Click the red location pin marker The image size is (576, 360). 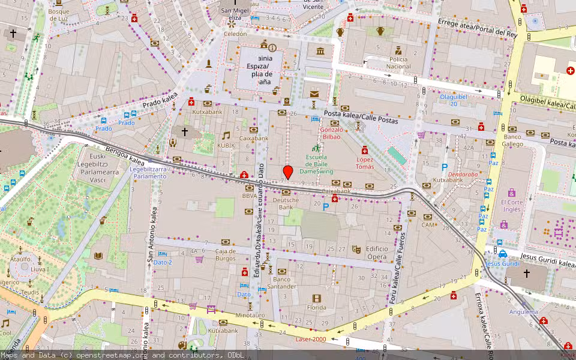click(x=288, y=172)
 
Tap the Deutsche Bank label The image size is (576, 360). click(x=286, y=204)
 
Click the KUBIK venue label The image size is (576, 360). click(x=226, y=145)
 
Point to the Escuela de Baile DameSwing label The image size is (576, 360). click(x=316, y=164)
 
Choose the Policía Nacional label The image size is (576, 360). click(x=399, y=63)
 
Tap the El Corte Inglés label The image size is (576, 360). click(x=512, y=206)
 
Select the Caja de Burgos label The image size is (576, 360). click(x=226, y=254)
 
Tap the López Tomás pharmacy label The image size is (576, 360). click(x=365, y=163)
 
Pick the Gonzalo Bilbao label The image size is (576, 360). click(x=331, y=133)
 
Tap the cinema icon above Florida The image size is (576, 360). click(x=316, y=299)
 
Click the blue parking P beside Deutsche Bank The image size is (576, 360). click(x=326, y=207)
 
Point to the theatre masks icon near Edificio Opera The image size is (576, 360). click(x=356, y=249)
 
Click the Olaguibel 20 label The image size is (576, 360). click(x=450, y=100)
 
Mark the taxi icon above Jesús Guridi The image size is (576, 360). click(x=503, y=254)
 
